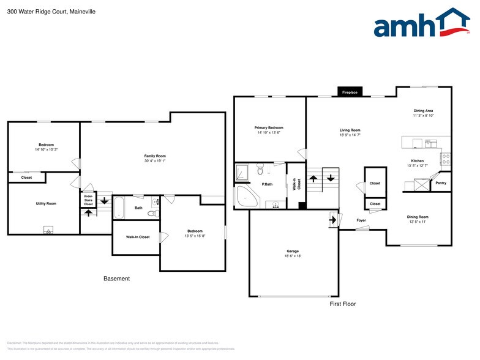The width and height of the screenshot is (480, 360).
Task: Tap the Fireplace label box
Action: (350, 92)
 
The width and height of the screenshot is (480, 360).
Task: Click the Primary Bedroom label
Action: (269, 127)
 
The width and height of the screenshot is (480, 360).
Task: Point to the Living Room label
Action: (350, 130)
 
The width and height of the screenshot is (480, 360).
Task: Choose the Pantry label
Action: (440, 183)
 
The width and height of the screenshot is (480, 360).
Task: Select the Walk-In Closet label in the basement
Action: (138, 237)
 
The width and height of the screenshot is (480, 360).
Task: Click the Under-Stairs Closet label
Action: (88, 200)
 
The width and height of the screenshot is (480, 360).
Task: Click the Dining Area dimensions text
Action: (423, 115)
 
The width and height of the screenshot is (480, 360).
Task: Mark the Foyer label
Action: (361, 220)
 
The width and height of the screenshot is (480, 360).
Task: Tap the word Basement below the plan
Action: (116, 279)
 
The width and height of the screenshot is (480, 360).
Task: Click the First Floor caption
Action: (342, 304)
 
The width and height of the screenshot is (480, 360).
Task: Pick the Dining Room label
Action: (418, 217)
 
